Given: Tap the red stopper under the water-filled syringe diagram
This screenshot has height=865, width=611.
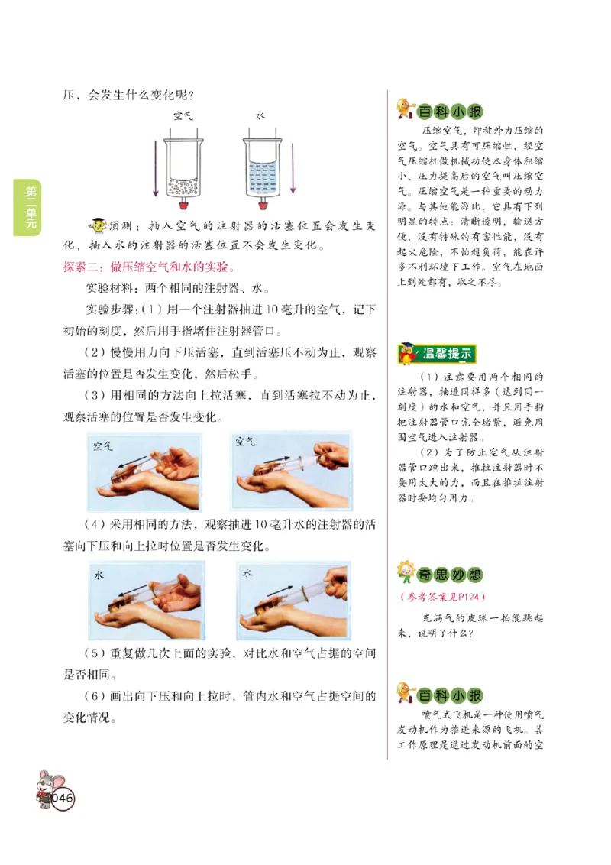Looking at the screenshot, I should (263, 204).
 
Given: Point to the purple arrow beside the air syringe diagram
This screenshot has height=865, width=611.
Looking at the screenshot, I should (156, 167).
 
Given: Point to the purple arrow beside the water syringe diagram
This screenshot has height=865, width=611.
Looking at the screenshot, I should (292, 167).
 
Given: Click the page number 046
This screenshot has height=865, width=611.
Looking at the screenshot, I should (62, 798).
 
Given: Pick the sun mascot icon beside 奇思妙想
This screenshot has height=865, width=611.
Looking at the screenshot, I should (405, 572).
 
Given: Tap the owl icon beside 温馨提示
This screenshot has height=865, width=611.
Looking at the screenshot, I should (406, 354).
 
